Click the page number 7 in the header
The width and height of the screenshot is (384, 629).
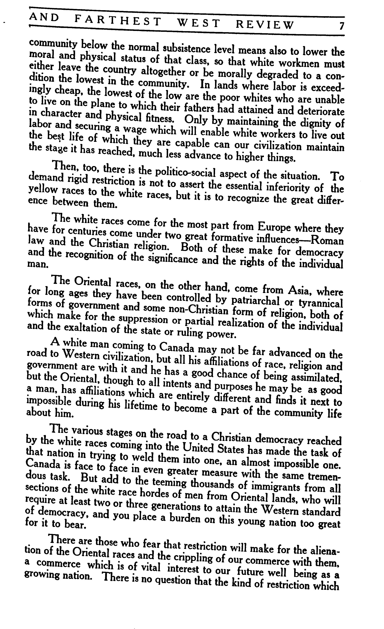click(x=342, y=26)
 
